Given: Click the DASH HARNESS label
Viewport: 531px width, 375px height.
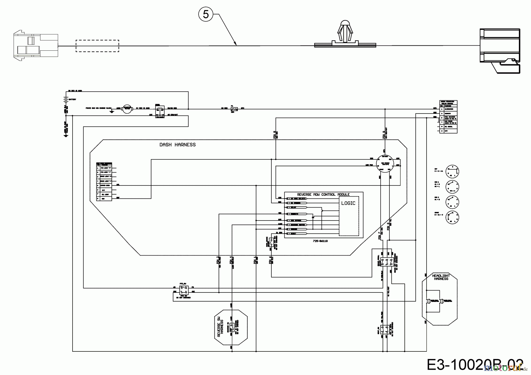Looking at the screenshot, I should click(x=177, y=145).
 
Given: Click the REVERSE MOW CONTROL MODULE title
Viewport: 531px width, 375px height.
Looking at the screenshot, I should click(x=323, y=195).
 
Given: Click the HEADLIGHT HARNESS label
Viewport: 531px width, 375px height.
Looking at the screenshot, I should click(x=441, y=277).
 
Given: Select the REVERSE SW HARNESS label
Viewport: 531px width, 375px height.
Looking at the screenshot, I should click(x=220, y=327).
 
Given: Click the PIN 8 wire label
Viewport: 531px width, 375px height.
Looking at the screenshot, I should click(x=275, y=135).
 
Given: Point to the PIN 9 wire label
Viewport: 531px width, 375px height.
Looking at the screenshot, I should click(x=383, y=135).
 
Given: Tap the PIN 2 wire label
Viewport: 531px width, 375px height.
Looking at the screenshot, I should click(x=218, y=261).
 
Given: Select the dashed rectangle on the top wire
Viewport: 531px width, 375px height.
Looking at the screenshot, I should click(x=97, y=46).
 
